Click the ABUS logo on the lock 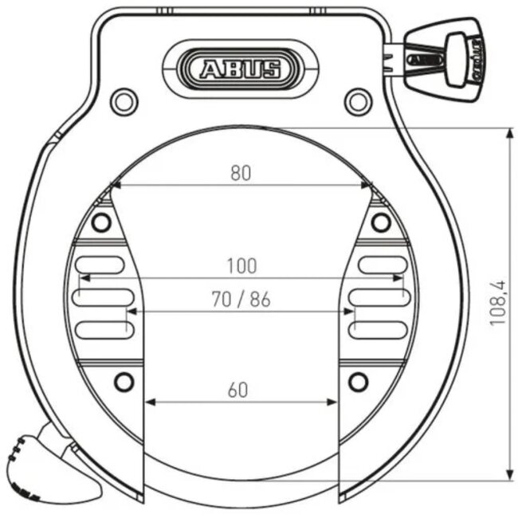(240, 69)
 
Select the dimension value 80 (241, 173)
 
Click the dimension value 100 (241, 265)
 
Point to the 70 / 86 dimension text (241, 300)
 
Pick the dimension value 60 (238, 390)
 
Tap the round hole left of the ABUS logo (124, 100)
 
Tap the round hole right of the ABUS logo (358, 100)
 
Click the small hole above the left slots (100, 221)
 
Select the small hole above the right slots (381, 221)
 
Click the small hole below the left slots (124, 382)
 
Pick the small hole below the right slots (359, 382)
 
